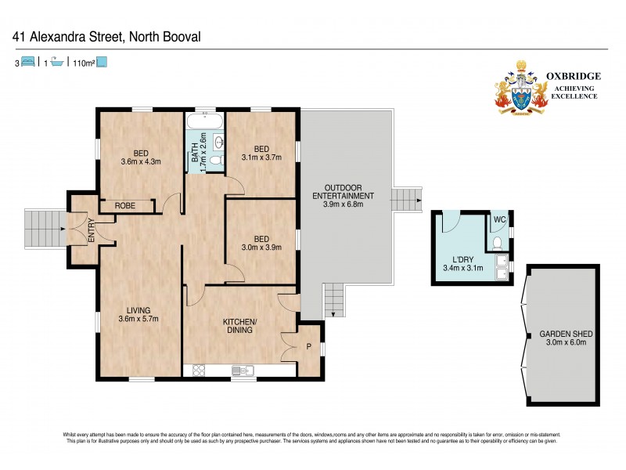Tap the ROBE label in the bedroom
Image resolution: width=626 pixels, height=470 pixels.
click(125, 205)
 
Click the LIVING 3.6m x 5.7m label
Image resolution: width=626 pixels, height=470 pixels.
click(140, 314)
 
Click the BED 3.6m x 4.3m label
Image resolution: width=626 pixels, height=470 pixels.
click(140, 157)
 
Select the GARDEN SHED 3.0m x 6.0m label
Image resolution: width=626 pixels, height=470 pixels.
click(563, 338)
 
